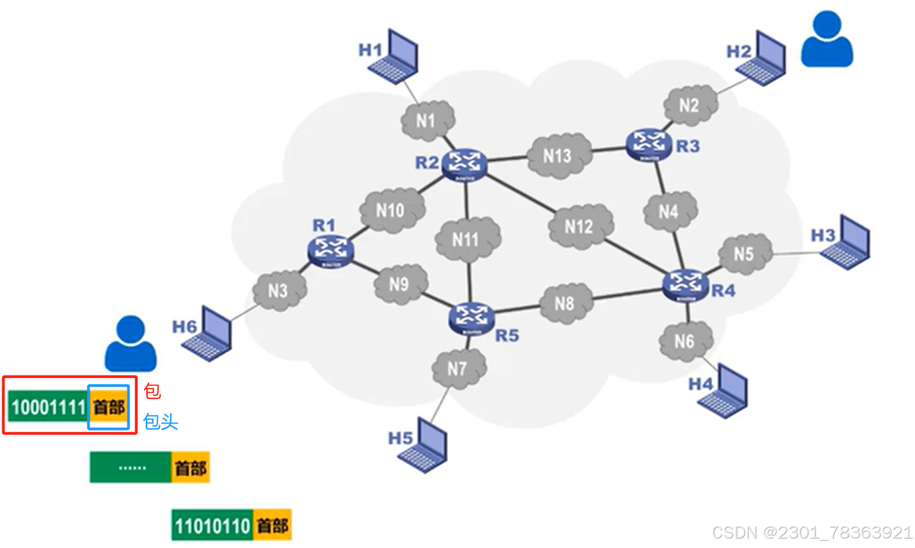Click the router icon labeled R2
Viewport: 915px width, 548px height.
click(x=464, y=164)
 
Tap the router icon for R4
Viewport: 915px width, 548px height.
click(x=685, y=284)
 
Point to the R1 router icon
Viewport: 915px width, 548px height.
click(x=330, y=251)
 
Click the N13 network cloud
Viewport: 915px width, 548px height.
click(x=557, y=155)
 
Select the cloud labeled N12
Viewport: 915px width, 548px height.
click(x=579, y=226)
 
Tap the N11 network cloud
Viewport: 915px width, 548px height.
click(x=466, y=239)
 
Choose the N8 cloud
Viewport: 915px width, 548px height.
click(x=564, y=303)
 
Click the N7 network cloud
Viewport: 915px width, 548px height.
click(x=457, y=368)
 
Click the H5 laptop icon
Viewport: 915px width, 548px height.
click(x=425, y=446)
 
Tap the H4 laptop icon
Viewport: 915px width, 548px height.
click(x=725, y=391)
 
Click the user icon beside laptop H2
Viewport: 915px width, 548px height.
click(x=827, y=40)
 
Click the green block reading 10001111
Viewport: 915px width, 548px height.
click(x=48, y=407)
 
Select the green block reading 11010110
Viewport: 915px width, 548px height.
click(x=212, y=525)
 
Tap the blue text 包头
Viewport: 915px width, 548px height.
click(x=161, y=422)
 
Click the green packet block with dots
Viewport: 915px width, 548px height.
click(x=131, y=467)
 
